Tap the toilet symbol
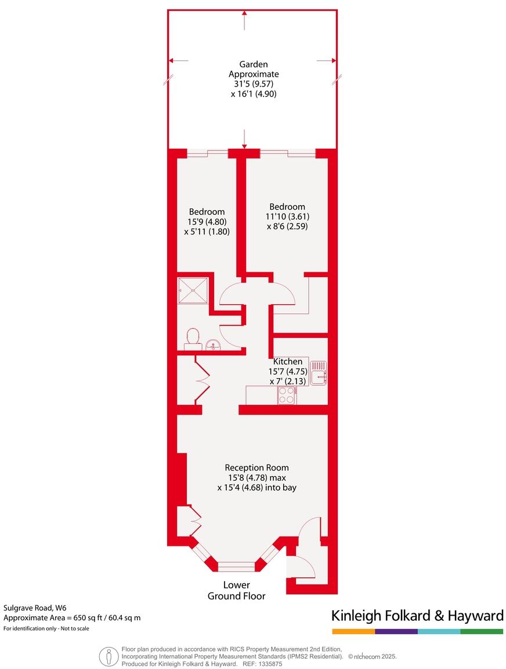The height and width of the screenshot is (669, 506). click(x=193, y=338)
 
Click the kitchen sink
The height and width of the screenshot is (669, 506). click(x=318, y=373)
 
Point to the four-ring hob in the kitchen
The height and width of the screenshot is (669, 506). click(x=287, y=395)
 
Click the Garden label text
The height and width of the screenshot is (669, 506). click(x=254, y=64)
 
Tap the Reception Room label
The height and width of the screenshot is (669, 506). click(x=256, y=467)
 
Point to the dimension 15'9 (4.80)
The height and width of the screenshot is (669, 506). click(x=207, y=221)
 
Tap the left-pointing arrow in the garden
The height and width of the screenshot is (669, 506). click(x=178, y=60)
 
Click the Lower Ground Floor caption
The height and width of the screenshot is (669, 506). click(x=236, y=590)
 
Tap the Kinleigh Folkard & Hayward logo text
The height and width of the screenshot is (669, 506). click(x=417, y=616)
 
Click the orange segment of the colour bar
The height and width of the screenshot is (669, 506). click(x=353, y=631)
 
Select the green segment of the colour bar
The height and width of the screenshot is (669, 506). click(x=482, y=631)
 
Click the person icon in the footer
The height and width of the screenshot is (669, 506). click(x=109, y=656)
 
